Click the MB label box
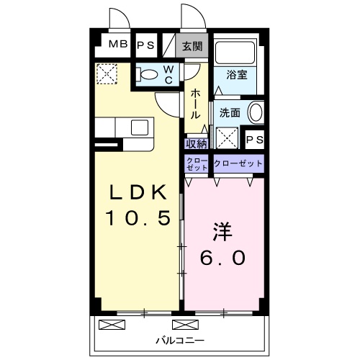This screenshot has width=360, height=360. coord(118,45)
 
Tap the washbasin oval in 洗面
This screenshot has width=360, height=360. coord(256,112)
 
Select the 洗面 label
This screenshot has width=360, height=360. coord(230,112)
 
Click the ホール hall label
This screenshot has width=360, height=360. coord(195,104)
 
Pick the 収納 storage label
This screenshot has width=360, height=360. coord(196,143)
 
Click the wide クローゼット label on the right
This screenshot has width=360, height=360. coord(238,163)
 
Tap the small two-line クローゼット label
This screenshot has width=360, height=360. coord(197,163)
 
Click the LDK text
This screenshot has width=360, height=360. coord(139,192)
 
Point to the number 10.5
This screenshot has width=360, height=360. coord(139,217)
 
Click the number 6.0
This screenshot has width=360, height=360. coord(223,257)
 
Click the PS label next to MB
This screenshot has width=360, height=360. coord(145,45)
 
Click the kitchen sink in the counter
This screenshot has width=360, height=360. coord(139,127)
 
